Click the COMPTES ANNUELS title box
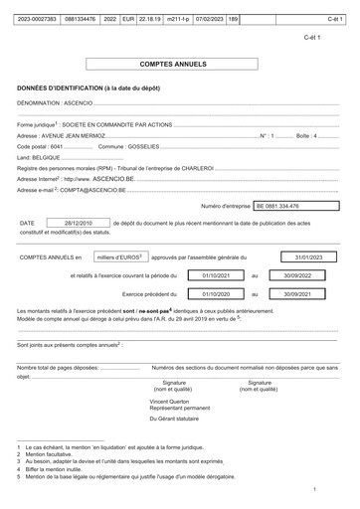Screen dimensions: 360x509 point(180,63)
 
